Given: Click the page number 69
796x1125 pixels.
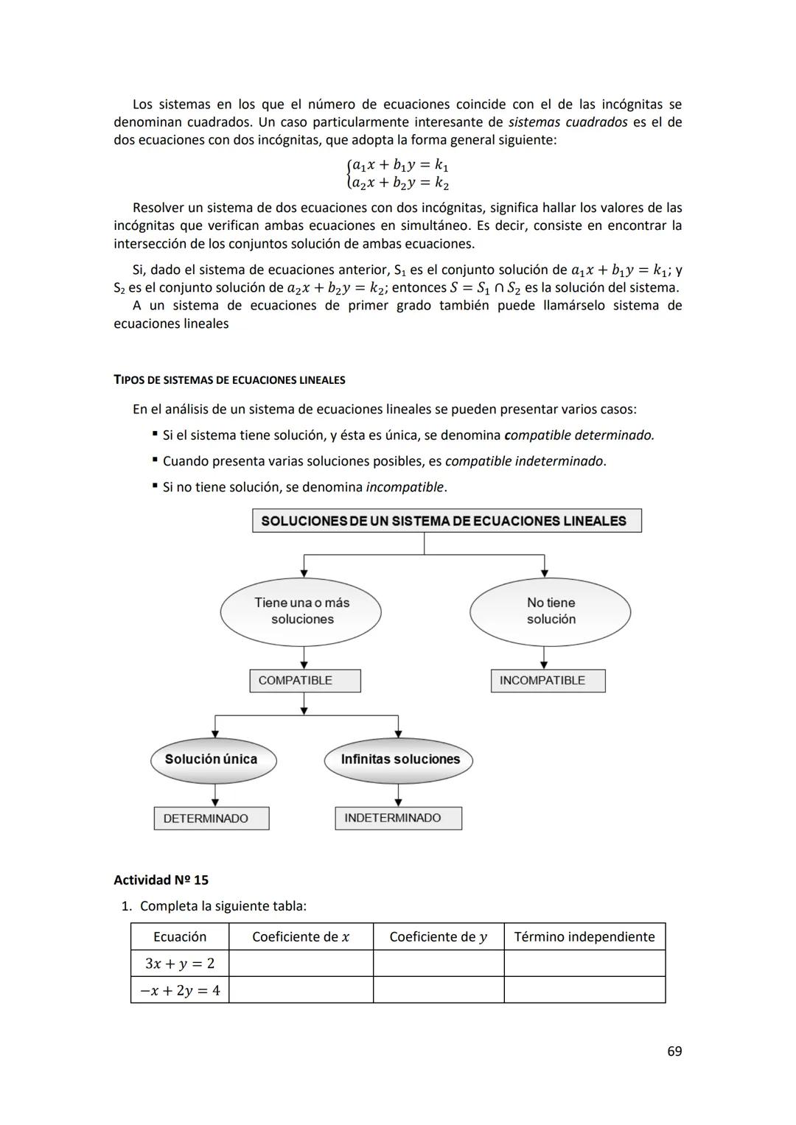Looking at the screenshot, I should point(674,1051).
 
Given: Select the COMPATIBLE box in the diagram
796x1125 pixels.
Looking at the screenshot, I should point(304,681).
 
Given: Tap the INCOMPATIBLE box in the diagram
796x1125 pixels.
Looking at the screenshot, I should point(548,681).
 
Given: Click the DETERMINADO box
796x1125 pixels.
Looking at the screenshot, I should point(211,819).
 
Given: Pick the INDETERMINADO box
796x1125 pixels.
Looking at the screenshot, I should point(398,819).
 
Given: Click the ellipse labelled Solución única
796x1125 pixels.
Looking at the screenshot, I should point(213,760).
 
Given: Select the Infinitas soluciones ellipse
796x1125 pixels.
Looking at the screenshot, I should point(398,760).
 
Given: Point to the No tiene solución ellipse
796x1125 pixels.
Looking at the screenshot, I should point(550,611).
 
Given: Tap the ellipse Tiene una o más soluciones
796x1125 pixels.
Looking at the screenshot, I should point(301,611).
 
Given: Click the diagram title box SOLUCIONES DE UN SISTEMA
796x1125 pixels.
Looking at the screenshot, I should point(447,521).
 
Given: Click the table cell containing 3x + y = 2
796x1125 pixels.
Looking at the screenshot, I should point(180,964).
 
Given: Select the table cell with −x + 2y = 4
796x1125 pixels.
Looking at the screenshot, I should point(180,990).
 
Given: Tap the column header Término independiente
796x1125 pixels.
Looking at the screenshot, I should point(584,937).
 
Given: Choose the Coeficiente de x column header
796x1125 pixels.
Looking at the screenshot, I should point(301,937).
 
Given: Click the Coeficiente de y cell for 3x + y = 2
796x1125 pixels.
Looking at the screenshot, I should point(439,964).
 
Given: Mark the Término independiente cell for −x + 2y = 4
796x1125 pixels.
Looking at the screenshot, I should point(584,990).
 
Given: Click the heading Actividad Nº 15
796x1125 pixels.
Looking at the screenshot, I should point(161,880).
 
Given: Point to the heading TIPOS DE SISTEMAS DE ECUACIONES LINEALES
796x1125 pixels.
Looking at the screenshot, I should point(229,380).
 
